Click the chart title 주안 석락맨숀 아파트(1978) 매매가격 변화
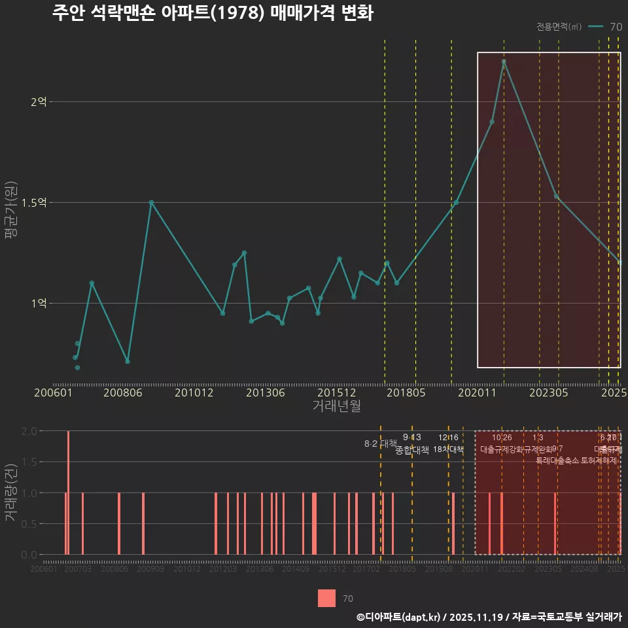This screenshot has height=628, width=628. pyautogui.click(x=213, y=13)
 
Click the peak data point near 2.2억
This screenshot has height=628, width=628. pyautogui.click(x=504, y=61)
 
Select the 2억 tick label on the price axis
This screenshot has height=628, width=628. pyautogui.click(x=39, y=102)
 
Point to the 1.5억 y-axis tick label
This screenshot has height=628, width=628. pyautogui.click(x=34, y=203)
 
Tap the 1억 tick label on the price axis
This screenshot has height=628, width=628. pyautogui.click(x=39, y=304)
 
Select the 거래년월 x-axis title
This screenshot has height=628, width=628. pyautogui.click(x=336, y=406)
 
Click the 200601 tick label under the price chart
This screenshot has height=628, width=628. pyautogui.click(x=53, y=393)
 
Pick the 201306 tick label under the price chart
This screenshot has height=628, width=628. pyautogui.click(x=265, y=393)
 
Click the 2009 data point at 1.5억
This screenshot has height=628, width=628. pyautogui.click(x=151, y=203)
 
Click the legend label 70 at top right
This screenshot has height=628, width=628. pyautogui.click(x=616, y=27)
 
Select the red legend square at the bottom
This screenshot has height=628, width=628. pyautogui.click(x=326, y=598)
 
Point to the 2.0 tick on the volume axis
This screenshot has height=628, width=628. pyautogui.click(x=29, y=431)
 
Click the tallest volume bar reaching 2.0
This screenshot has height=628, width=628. pyautogui.click(x=68, y=493)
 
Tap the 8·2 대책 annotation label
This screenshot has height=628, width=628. pyautogui.click(x=381, y=444)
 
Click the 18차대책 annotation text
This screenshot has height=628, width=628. pyautogui.click(x=448, y=449)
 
